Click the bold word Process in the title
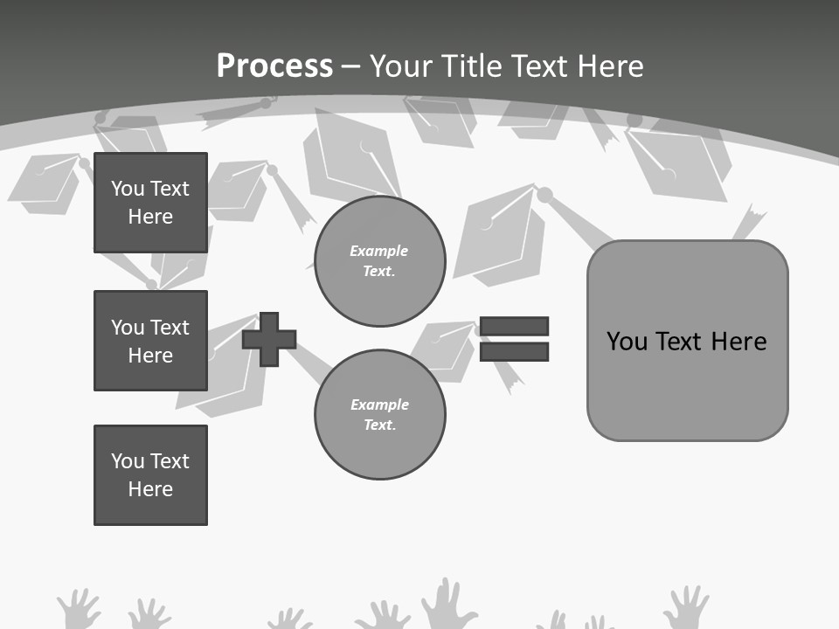coord(274,66)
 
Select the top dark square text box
coord(150,203)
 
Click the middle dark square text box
coord(150,341)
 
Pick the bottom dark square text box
coord(150,475)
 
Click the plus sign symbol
coord(269,339)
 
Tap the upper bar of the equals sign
coord(514,327)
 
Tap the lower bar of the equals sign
coord(514,351)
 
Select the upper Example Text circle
coord(379,260)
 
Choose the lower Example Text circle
coord(379,414)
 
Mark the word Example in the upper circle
coord(379,251)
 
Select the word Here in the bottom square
coord(150,489)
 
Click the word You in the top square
coord(128,189)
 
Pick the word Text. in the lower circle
coord(379,425)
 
